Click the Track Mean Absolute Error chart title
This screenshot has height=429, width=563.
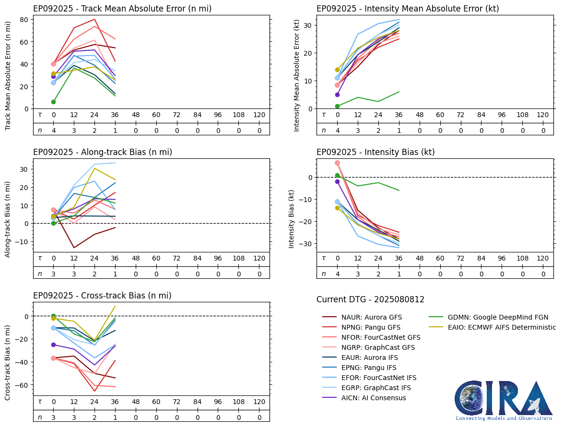[x=122, y=9]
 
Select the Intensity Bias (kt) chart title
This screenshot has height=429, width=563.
[x=375, y=152]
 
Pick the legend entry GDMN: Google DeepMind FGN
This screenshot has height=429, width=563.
[x=498, y=317]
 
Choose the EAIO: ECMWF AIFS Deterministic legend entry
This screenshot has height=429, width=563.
[x=502, y=327]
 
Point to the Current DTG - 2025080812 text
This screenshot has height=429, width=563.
[x=370, y=300]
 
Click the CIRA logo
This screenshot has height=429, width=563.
[x=504, y=401]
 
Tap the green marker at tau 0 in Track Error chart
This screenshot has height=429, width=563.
[x=53, y=102]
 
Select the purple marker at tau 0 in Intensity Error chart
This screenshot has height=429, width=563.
[x=337, y=95]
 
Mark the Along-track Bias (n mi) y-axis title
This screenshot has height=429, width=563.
[x=8, y=219]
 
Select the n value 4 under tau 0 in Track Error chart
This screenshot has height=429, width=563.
[x=53, y=130]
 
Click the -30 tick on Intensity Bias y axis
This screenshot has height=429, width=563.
[x=306, y=244]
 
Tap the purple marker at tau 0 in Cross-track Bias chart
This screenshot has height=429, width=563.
[x=53, y=345]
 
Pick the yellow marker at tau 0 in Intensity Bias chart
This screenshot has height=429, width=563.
[x=337, y=208]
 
